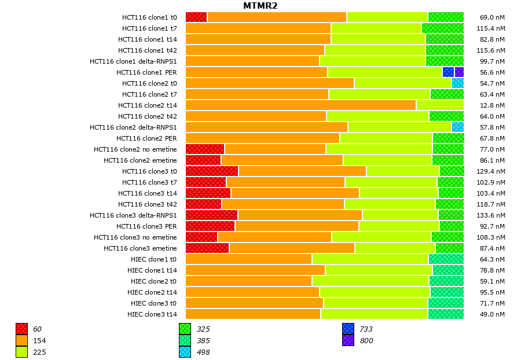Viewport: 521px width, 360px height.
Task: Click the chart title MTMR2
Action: pos(260,6)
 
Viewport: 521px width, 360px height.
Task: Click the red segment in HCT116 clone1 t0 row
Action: pos(196,17)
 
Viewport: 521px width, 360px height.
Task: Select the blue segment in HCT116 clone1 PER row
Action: pos(448,72)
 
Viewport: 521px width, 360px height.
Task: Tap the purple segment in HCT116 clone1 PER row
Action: pos(459,72)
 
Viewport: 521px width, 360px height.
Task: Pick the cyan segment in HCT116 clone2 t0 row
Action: pos(457,83)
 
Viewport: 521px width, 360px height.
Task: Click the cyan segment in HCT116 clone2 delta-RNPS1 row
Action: pos(457,127)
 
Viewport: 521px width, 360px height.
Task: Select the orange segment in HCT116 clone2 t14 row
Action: pos(300,105)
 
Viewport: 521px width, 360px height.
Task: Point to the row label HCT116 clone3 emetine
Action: pos(140,248)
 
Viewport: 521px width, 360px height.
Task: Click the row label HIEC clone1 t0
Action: pos(153,259)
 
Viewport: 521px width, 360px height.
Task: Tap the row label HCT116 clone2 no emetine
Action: pos(135,149)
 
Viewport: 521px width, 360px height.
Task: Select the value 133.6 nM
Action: pos(493,215)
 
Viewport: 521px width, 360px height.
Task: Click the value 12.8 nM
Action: pos(493,105)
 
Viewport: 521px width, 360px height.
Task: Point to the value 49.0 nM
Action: pos(493,314)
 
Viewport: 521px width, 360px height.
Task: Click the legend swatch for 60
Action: pos(22,329)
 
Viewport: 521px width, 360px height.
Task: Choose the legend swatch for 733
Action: pos(348,329)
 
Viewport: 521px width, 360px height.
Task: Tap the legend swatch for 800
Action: pos(348,341)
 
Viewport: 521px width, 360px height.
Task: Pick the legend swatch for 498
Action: pos(185,352)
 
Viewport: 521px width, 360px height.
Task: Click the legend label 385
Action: pos(203,341)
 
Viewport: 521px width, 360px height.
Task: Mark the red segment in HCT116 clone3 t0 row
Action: pos(212,171)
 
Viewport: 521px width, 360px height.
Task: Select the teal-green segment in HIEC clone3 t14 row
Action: pos(446,314)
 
